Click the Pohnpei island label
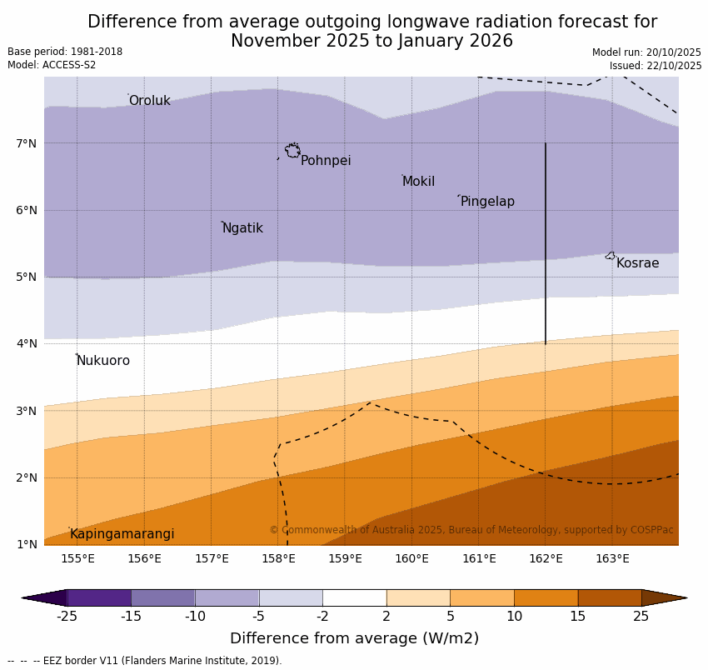(326, 161)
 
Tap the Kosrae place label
(637, 263)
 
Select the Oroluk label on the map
(149, 101)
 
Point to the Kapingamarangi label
(122, 534)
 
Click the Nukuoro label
(103, 361)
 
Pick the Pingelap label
(487, 202)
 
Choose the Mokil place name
(418, 182)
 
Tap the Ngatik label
(242, 228)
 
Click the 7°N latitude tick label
(27, 143)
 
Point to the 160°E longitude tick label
(411, 558)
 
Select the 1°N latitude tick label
(27, 544)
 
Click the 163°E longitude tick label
(612, 558)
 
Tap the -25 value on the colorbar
(67, 617)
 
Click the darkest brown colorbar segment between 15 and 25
(610, 597)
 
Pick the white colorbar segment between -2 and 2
(354, 597)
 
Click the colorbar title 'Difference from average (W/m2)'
(354, 638)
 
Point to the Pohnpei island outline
(292, 151)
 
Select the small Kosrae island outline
(611, 256)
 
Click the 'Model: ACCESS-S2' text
(52, 65)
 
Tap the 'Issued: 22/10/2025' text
(656, 66)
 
